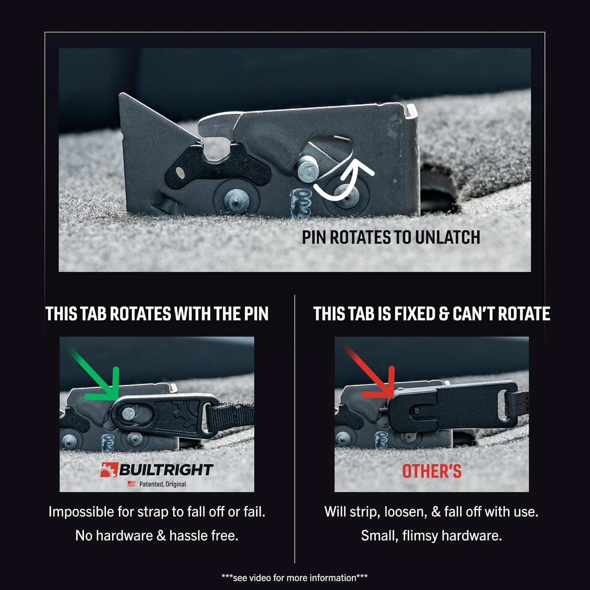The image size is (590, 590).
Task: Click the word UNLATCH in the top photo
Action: pos(447,237)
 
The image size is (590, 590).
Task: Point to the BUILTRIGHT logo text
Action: pos(166,470)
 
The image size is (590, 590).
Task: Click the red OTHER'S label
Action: pos(431,471)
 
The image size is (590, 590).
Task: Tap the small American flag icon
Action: pos(131,484)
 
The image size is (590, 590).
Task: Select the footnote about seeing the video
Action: pos(295,577)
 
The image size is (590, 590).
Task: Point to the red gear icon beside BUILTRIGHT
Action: pos(109,470)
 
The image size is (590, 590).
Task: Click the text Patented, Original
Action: pos(162,484)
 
